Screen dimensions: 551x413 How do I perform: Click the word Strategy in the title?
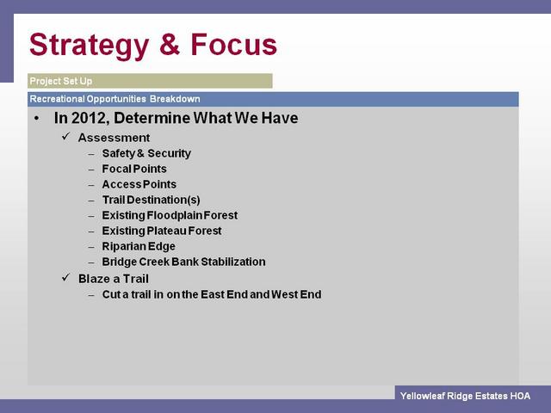click(x=89, y=46)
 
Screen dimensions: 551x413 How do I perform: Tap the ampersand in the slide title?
click(x=170, y=44)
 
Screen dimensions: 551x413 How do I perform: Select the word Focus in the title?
click(x=233, y=44)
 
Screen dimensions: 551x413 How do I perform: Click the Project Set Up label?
click(x=61, y=81)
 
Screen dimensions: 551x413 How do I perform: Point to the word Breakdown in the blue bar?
click(x=175, y=99)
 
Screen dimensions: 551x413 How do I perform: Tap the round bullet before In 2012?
click(x=36, y=119)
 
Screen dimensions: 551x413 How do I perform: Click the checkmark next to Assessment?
click(x=65, y=137)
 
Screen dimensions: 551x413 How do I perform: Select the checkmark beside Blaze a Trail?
click(x=65, y=278)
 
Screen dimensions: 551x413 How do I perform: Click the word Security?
click(x=169, y=153)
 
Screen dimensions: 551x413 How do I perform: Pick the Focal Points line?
click(x=134, y=169)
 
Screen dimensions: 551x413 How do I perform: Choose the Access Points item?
click(x=139, y=184)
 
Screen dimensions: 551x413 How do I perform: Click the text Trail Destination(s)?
click(x=152, y=200)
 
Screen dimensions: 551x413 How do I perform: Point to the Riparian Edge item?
click(x=139, y=247)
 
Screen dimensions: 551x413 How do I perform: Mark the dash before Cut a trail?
click(x=91, y=295)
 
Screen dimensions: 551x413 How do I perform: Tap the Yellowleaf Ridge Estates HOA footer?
click(x=465, y=396)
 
